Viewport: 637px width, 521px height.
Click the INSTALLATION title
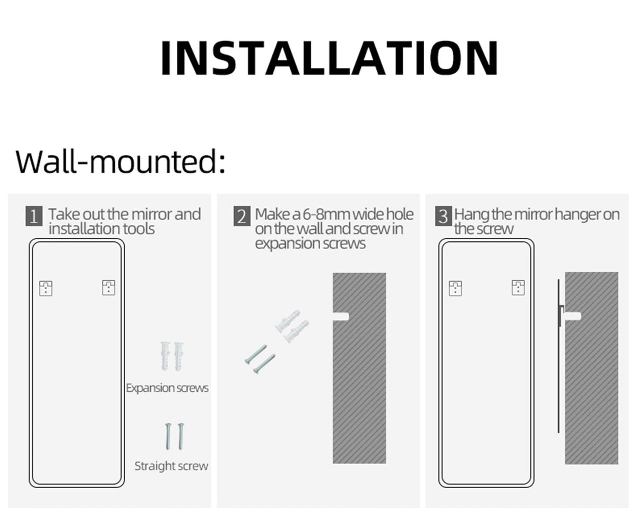pos(329,57)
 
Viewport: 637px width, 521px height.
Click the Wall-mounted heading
pos(120,161)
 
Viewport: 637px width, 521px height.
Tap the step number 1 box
pos(34,216)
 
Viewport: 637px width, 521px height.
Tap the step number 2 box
pos(242,216)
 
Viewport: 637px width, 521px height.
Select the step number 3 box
pos(443,216)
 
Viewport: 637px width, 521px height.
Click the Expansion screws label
pos(167,388)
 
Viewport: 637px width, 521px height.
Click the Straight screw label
pos(171,466)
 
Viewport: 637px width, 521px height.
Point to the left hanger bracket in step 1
pos(46,288)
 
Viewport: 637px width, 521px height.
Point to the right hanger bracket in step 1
pos(108,287)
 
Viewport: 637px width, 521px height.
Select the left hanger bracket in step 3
pos(455,288)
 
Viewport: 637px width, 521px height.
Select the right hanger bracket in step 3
pos(518,287)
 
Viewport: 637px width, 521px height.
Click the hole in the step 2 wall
pos(341,317)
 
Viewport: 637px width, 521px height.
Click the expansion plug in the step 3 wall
pos(573,316)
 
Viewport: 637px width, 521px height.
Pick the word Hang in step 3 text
pos(472,215)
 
